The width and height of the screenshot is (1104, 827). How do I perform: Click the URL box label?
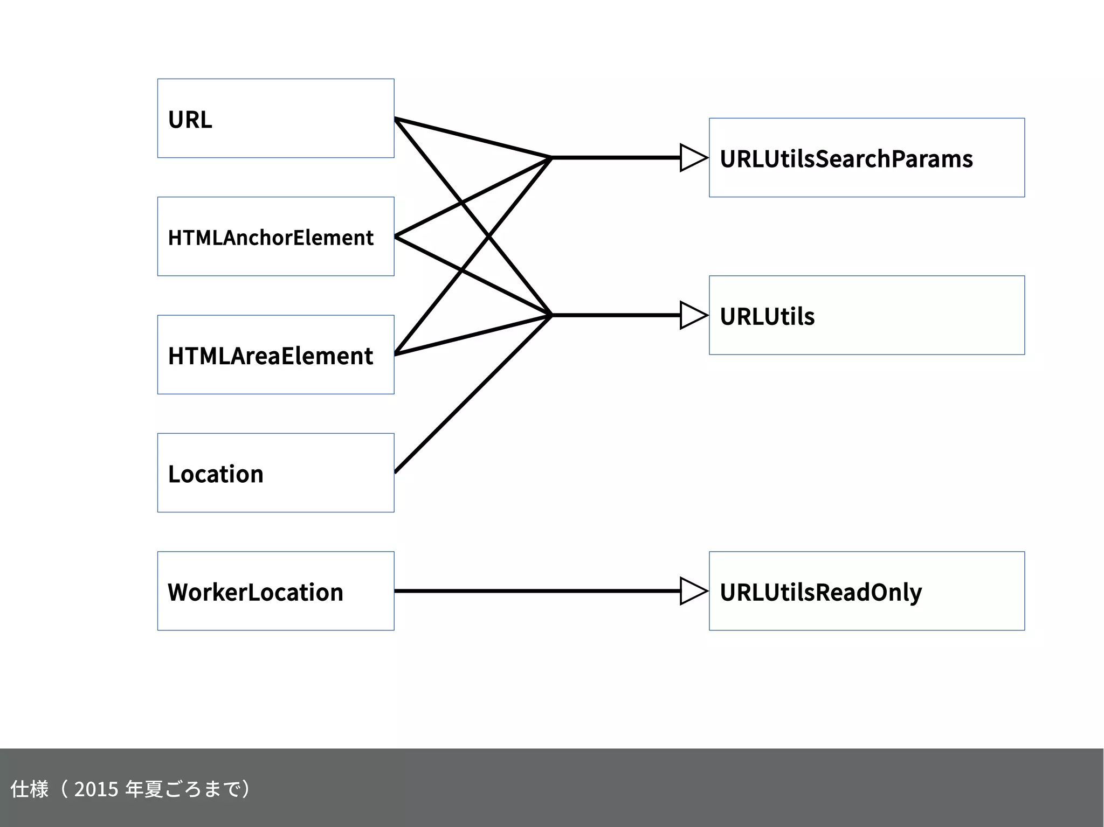[190, 120]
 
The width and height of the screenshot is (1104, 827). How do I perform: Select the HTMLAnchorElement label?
[271, 238]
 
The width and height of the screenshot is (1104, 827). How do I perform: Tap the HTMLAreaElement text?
[271, 356]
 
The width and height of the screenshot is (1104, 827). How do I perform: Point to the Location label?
[216, 474]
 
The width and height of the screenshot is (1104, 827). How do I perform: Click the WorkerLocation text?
[256, 592]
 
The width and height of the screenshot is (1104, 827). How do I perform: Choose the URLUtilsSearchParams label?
[846, 159]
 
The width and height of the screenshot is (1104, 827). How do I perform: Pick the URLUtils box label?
[767, 316]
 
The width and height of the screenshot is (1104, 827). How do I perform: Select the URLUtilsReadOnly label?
[820, 592]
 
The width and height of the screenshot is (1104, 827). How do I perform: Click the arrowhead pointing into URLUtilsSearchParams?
[693, 158]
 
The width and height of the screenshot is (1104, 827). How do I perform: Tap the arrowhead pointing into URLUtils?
[693, 315]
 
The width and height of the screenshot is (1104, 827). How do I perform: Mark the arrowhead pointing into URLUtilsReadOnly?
[693, 591]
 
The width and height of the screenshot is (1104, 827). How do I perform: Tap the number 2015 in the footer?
[96, 789]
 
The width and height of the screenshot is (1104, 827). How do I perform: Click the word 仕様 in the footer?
[29, 789]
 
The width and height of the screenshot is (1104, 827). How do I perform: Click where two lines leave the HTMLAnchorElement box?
[396, 237]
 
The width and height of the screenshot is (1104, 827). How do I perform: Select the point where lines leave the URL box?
[396, 119]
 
